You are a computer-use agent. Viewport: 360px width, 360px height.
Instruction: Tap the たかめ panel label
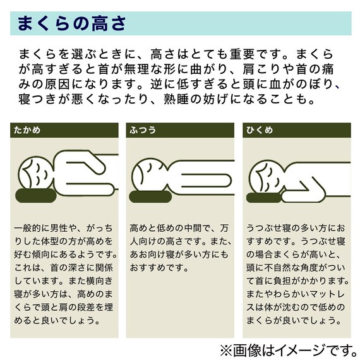point(27,130)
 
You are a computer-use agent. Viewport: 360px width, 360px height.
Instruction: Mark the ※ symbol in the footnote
point(225,347)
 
